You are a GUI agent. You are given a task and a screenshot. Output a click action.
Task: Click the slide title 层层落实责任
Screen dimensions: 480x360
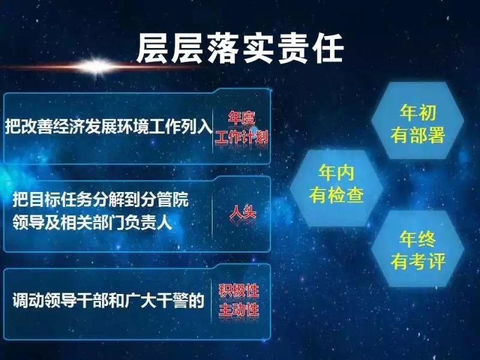pos(241,49)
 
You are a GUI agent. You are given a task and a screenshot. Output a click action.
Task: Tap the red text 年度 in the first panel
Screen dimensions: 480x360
pos(242,118)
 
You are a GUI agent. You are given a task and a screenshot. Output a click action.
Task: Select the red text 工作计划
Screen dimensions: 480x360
pos(242,137)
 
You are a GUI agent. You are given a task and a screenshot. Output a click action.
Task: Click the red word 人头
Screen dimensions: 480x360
pos(243,212)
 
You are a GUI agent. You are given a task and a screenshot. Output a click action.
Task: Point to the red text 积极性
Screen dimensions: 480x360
pos(239,291)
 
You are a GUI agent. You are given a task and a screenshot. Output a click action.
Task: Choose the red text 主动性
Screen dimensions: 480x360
pos(239,310)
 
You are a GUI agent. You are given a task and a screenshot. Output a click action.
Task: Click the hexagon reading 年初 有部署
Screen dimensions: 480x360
pos(418,121)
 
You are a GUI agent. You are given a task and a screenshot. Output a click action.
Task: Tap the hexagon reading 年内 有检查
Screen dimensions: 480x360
pos(336,188)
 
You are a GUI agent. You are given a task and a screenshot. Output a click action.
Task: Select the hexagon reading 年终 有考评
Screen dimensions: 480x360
pos(418,248)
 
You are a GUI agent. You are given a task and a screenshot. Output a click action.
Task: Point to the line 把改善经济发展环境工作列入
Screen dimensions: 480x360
pos(109,126)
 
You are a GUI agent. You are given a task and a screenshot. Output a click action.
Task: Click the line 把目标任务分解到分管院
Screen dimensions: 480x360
pos(101,200)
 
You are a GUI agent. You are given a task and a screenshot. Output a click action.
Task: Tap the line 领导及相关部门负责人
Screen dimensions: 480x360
pos(92,222)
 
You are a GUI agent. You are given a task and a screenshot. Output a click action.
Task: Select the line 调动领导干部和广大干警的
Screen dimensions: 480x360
pos(109,301)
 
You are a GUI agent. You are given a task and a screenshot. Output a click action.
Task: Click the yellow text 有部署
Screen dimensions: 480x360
pos(418,135)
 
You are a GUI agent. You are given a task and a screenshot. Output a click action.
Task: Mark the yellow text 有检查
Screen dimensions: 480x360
pos(336,194)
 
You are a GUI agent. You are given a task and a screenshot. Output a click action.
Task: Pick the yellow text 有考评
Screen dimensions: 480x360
pos(418,262)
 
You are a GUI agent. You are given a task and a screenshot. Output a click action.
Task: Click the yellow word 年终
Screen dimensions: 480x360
pos(418,239)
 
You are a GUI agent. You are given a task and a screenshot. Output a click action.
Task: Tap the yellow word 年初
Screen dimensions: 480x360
pos(418,112)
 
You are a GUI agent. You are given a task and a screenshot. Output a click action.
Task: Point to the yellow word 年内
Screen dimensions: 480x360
pos(336,172)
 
